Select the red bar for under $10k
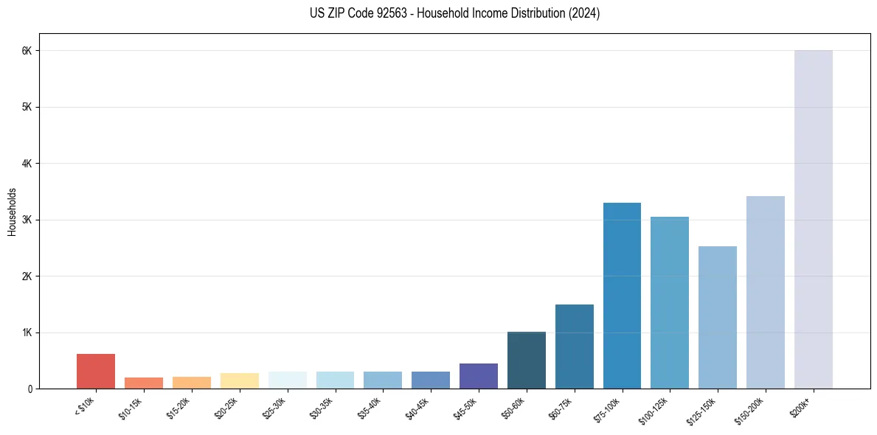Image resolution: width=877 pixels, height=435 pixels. (96, 371)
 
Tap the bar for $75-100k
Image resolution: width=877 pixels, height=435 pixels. (622, 295)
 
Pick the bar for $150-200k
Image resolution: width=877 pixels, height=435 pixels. (765, 292)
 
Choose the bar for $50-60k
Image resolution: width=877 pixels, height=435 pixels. (527, 360)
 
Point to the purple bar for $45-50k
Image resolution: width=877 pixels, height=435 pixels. (479, 376)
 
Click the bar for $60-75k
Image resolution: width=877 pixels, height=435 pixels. (574, 347)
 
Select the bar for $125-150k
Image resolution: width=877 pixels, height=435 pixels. (717, 317)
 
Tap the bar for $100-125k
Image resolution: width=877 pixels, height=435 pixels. (670, 302)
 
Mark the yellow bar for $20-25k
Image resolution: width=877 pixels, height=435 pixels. (240, 380)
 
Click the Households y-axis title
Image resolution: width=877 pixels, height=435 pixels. (12, 212)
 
